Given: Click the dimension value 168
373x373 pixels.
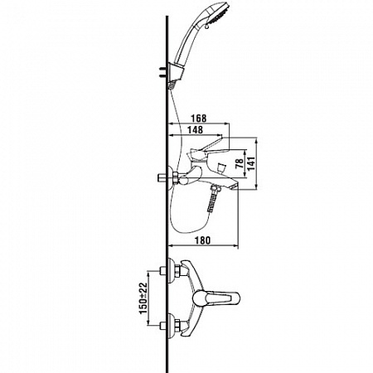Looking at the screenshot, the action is pos(199,119).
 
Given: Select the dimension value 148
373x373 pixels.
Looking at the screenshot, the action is pos(196,129).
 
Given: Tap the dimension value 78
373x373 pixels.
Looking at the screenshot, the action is pos(240,163).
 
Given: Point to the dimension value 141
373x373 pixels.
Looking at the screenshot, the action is pos(252,163).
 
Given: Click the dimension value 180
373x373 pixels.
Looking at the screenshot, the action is pos(202,240).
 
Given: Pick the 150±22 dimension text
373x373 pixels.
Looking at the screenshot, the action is pos(143,298).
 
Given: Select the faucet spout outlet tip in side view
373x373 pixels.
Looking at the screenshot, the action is pos(235,186).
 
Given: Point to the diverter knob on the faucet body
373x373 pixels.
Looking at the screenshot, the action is pos(221,168).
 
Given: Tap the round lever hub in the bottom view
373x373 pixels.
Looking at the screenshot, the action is pos(199,298).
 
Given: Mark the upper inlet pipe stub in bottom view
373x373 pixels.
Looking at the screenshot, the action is pos(163,271).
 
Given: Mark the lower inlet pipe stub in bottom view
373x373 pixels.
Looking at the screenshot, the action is pos(163,325).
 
